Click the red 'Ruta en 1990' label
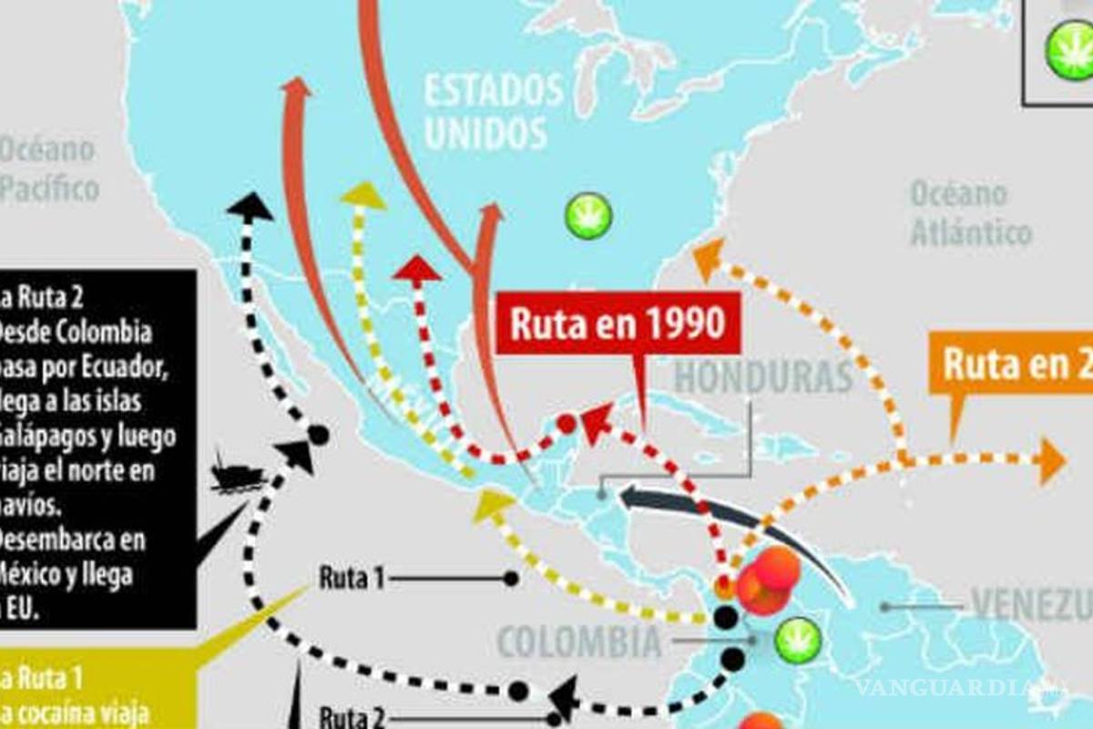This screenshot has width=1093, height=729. [617, 325]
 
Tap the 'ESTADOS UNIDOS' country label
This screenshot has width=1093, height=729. [493, 112]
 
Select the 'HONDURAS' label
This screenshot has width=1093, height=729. [763, 376]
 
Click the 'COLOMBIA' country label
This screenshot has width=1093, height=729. [579, 642]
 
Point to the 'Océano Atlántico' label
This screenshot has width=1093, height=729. [970, 212]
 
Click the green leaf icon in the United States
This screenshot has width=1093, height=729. [587, 217]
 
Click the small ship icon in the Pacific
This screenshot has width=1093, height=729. [237, 474]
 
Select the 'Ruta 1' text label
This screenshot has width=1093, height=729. [351, 578]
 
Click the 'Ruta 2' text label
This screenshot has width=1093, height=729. [351, 716]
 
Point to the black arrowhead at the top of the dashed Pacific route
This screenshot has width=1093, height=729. [250, 206]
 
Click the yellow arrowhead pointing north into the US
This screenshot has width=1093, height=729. [363, 194]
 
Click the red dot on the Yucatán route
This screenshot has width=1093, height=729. [567, 423]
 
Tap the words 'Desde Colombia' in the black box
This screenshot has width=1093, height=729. [77, 332]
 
